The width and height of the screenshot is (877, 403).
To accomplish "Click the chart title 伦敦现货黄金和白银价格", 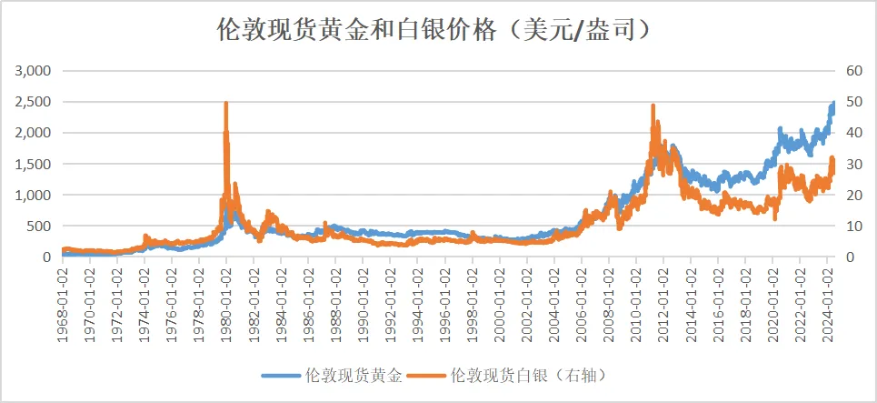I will [436, 31].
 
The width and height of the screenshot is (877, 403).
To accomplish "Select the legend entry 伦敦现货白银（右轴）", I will [528, 374].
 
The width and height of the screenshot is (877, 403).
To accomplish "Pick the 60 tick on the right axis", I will [853, 70].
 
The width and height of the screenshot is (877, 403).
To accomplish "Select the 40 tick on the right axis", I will [853, 133].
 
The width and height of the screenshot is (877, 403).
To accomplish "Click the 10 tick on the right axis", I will [853, 226].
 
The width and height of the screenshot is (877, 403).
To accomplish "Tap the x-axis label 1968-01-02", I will [63, 296].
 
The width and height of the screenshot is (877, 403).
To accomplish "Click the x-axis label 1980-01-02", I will [226, 296].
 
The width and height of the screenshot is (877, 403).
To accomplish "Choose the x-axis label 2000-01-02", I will [500, 296].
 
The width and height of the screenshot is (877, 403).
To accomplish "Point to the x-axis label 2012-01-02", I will [663, 296].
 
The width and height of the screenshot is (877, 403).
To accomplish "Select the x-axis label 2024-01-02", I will [827, 296].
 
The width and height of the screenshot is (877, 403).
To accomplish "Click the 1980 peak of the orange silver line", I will [225, 103].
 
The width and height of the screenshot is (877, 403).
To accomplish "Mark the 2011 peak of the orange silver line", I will [653, 106].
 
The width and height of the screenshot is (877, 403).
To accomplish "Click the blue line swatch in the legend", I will [283, 374].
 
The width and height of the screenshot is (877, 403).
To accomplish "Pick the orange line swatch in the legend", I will [427, 374].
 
